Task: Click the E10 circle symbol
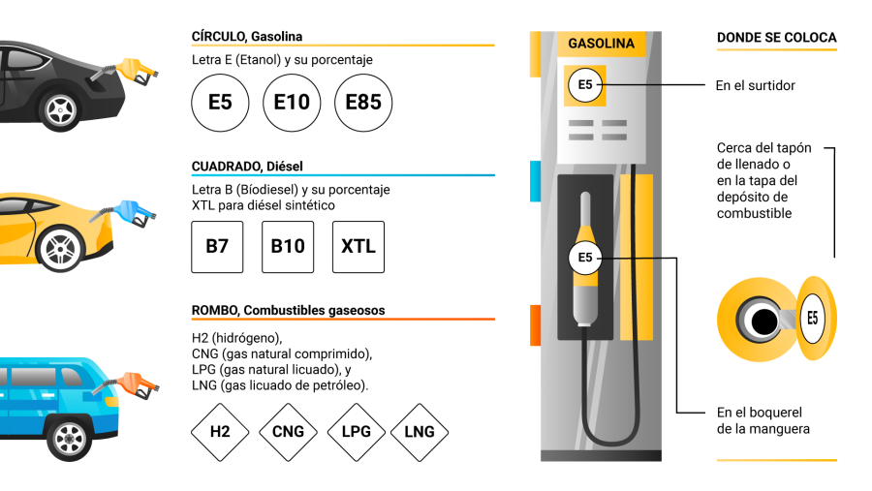click(292, 101)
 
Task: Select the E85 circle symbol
click(363, 101)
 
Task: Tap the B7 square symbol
click(217, 246)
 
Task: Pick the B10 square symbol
click(288, 246)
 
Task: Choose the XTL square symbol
click(358, 246)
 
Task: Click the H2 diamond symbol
click(220, 431)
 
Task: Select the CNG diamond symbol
click(288, 431)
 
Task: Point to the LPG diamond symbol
click(357, 431)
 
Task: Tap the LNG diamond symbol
click(419, 431)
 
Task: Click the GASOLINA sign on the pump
click(601, 44)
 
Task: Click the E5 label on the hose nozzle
click(585, 258)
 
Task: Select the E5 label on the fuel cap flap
click(812, 318)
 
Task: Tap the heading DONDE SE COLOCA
click(776, 38)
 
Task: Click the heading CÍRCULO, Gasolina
click(247, 37)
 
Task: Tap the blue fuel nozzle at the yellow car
click(132, 211)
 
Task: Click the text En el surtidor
click(755, 85)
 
